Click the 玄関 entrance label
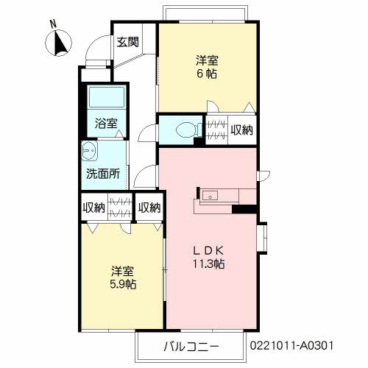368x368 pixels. (x=127, y=42)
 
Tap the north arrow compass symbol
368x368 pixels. (x=58, y=43)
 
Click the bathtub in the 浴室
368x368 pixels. (x=107, y=96)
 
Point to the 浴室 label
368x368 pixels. (x=106, y=123)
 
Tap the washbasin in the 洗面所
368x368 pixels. (x=89, y=151)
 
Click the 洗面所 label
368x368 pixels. (x=103, y=174)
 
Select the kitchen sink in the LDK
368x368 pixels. (x=210, y=196)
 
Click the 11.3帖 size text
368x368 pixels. (x=208, y=264)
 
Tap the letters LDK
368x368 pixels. (x=208, y=250)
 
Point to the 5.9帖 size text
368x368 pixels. (x=123, y=284)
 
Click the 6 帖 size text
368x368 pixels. (x=207, y=74)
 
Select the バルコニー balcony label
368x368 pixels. (x=191, y=347)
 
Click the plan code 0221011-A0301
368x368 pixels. (x=291, y=346)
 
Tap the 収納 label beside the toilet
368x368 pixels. (x=242, y=130)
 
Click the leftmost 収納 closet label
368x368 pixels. (x=93, y=208)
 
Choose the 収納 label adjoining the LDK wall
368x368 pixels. (x=149, y=208)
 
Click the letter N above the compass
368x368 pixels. (x=53, y=24)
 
